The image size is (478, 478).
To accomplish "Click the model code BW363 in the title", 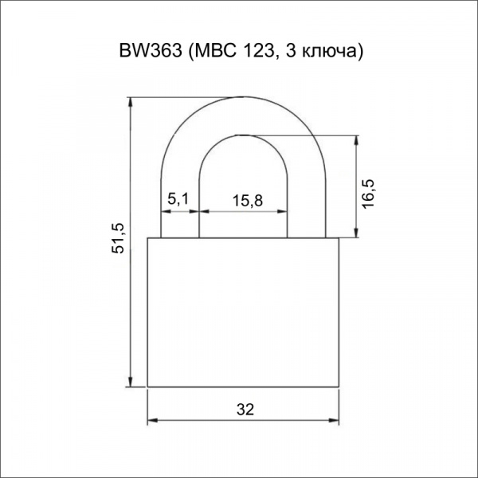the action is tap(151, 50).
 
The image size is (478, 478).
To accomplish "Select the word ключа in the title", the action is tap(329, 52).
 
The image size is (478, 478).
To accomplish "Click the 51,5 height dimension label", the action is tap(118, 238).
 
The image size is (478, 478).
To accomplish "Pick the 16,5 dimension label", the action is tap(368, 194).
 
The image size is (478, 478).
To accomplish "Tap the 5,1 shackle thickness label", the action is tap(178, 199).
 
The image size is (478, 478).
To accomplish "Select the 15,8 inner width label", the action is tap(247, 201).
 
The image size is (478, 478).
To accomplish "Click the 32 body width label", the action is tap(245, 409).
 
